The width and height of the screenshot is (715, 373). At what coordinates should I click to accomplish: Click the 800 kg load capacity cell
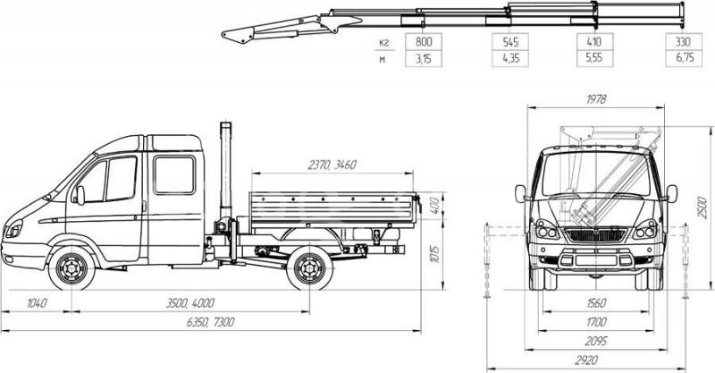(x=424, y=41)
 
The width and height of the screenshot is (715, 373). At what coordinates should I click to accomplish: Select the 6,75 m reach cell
(x=684, y=58)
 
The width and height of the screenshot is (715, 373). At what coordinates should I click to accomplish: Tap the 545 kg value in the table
(x=510, y=41)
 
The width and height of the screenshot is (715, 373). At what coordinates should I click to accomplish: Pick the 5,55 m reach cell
(x=594, y=58)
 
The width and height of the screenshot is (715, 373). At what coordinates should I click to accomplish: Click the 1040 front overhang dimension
(x=37, y=302)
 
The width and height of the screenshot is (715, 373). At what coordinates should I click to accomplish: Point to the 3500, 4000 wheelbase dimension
(x=190, y=302)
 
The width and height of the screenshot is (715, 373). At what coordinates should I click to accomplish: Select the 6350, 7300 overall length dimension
(x=211, y=322)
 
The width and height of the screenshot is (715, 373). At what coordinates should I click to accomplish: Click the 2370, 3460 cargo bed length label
(x=332, y=165)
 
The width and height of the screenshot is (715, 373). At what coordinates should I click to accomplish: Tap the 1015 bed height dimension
(x=434, y=255)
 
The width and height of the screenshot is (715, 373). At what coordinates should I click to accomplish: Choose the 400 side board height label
(x=434, y=206)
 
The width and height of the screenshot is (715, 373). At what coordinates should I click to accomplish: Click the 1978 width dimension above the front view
(x=596, y=99)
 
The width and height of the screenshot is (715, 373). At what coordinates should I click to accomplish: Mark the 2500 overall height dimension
(x=702, y=208)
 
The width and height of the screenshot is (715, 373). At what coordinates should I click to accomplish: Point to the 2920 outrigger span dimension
(x=586, y=360)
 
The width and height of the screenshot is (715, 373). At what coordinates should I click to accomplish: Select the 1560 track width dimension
(x=596, y=302)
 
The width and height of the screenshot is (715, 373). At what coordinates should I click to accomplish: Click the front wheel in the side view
(x=71, y=268)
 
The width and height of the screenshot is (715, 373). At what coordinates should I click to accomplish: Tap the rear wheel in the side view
(x=309, y=268)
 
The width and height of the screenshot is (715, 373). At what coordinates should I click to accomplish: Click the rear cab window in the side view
(x=174, y=174)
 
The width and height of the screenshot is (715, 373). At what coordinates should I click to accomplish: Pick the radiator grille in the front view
(x=596, y=235)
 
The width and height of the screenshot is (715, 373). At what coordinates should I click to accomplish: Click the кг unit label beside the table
(x=383, y=42)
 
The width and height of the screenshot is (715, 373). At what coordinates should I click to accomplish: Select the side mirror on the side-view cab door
(x=80, y=195)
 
